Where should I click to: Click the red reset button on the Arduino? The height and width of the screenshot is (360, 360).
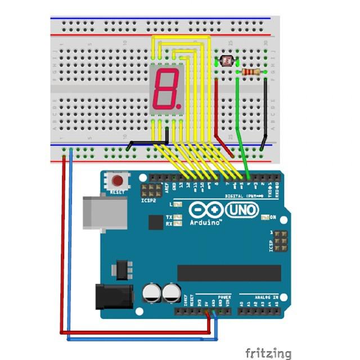pos(118,181)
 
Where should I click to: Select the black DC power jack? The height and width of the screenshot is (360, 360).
pos(114,296)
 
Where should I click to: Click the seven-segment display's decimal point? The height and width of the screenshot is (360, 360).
pos(178,105)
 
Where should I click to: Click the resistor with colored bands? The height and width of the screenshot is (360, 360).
pos(251,72)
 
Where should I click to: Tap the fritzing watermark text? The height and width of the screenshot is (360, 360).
pos(268,353)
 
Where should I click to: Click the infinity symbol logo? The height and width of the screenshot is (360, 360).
pos(205,210)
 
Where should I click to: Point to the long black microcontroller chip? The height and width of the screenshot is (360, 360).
pos(229,273)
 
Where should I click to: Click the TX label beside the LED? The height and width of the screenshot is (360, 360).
pos(169,217)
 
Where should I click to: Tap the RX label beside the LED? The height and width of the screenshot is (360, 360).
pos(169,224)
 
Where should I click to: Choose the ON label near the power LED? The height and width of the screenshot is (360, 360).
pos(273,217)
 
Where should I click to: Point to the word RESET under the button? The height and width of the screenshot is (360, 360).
pos(118,192)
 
